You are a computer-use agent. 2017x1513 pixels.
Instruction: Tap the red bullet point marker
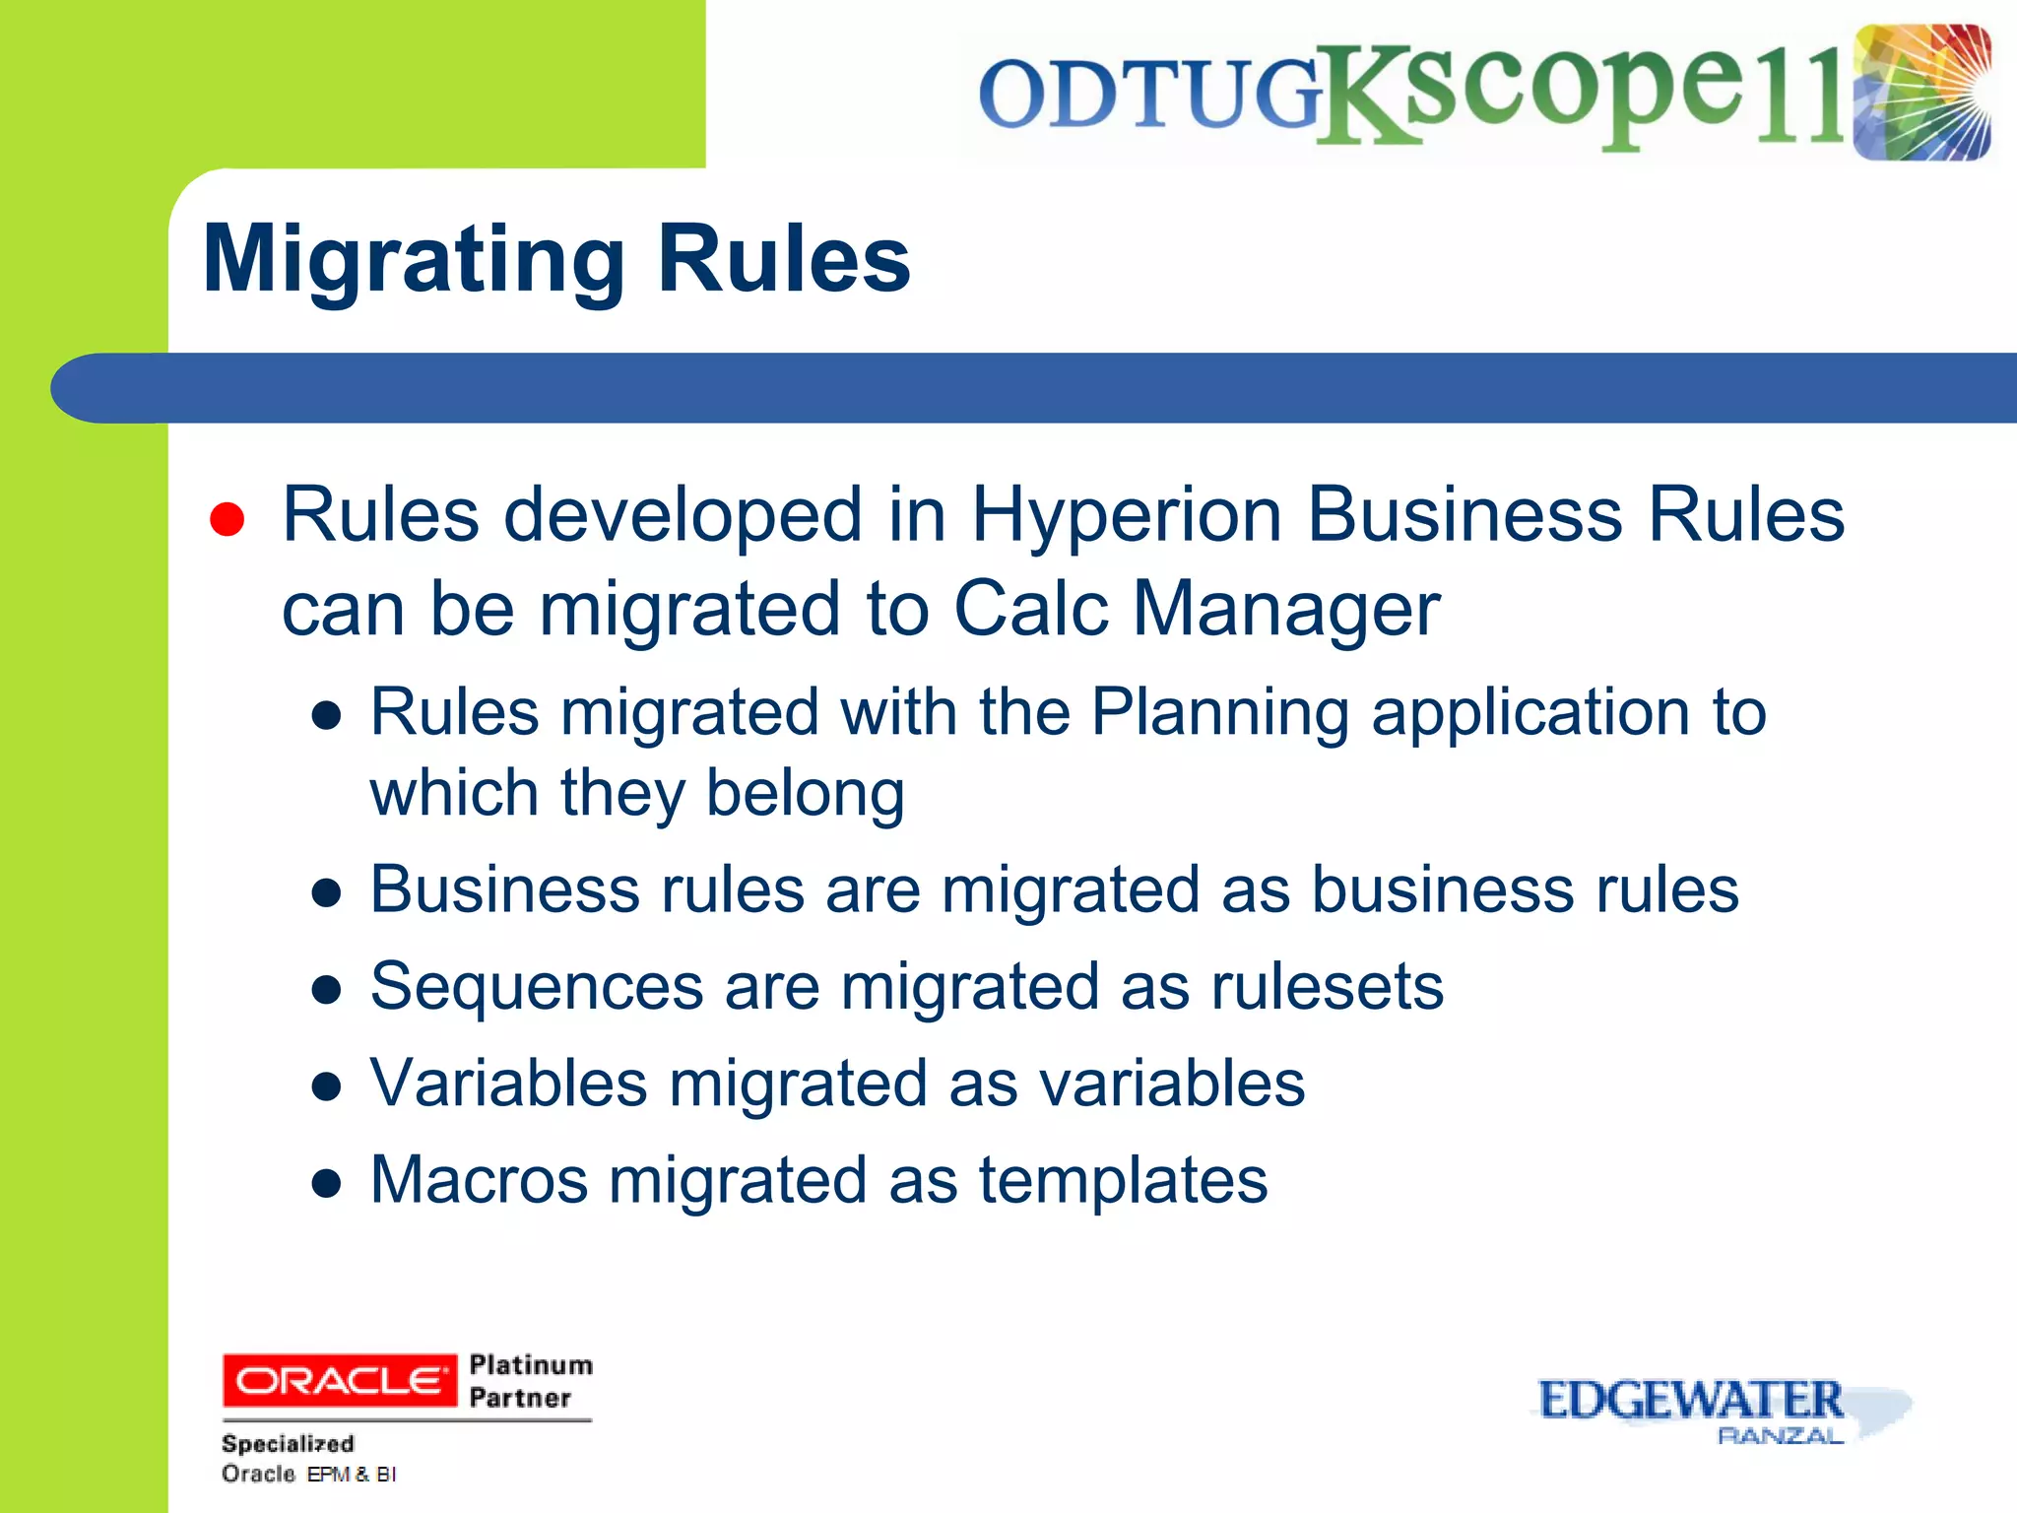click(x=227, y=519)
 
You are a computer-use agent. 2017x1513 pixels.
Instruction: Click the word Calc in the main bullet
click(x=1031, y=609)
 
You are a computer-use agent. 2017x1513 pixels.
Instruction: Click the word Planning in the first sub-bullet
click(x=1219, y=712)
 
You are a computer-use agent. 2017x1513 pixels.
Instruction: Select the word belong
click(x=805, y=794)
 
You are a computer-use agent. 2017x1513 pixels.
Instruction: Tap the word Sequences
click(x=537, y=987)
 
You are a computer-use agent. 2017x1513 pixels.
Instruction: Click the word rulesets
click(x=1327, y=987)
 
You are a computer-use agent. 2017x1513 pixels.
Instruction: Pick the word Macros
click(x=479, y=1180)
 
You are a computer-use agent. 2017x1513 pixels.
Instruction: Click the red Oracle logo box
click(x=340, y=1380)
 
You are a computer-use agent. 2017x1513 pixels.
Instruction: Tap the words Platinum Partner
click(x=530, y=1381)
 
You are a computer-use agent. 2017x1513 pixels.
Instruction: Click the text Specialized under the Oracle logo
click(x=288, y=1444)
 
